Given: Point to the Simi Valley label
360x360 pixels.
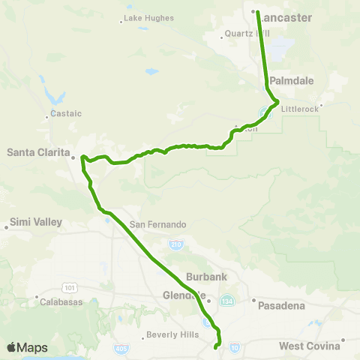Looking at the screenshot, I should (37, 223).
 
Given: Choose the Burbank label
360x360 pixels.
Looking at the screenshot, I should (206, 277).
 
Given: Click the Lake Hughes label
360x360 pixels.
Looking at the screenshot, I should (148, 17).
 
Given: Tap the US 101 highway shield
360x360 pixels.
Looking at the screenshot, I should (69, 286).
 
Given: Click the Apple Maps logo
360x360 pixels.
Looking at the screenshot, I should (26, 347).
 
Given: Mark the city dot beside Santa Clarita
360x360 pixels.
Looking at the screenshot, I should (73, 157).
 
